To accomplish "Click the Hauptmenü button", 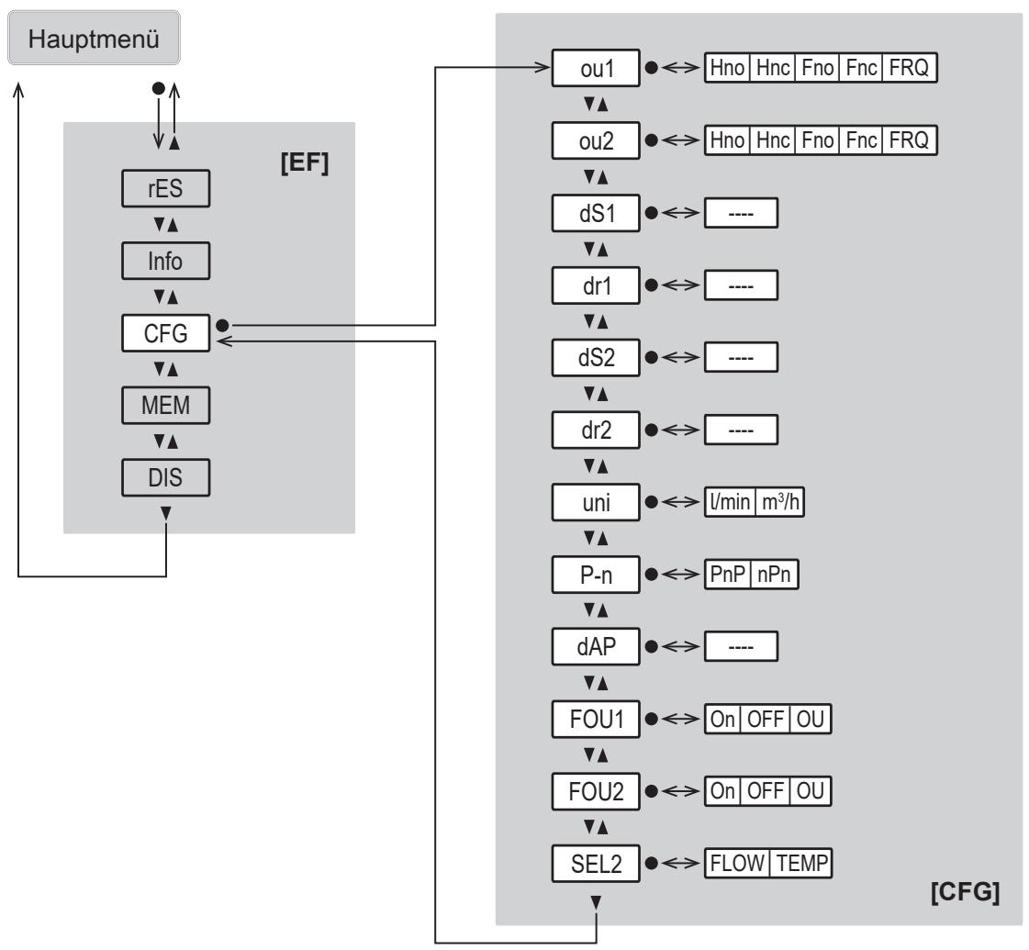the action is pyautogui.click(x=94, y=38).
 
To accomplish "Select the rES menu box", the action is pyautogui.click(x=165, y=188).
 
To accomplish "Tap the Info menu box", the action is pyautogui.click(x=165, y=261).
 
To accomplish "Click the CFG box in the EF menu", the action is pyautogui.click(x=165, y=332).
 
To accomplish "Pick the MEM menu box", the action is pyautogui.click(x=165, y=405).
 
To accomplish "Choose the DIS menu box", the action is pyautogui.click(x=165, y=477).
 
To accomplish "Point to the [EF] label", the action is pyautogui.click(x=305, y=162).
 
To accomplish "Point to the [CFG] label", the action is pyautogui.click(x=965, y=891).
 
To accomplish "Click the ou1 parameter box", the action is pyautogui.click(x=596, y=68).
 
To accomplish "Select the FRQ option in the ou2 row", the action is pyautogui.click(x=909, y=140).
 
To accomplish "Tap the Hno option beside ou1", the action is pyautogui.click(x=727, y=68).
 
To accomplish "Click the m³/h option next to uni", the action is pyautogui.click(x=779, y=502).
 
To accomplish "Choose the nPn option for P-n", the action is pyautogui.click(x=775, y=574).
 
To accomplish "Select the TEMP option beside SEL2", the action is pyautogui.click(x=801, y=863).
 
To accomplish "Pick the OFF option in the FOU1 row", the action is pyautogui.click(x=766, y=719).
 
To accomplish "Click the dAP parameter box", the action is pyautogui.click(x=596, y=646).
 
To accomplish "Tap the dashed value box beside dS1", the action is pyautogui.click(x=741, y=213).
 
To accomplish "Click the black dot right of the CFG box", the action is pyautogui.click(x=222, y=325).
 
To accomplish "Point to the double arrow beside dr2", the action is pyautogui.click(x=680, y=430).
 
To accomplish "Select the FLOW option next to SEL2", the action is pyautogui.click(x=737, y=863).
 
